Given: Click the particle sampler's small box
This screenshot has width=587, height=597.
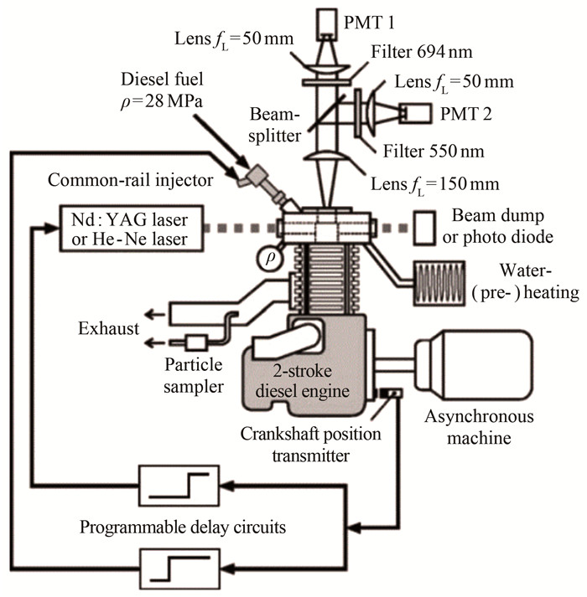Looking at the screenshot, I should (x=198, y=342).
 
